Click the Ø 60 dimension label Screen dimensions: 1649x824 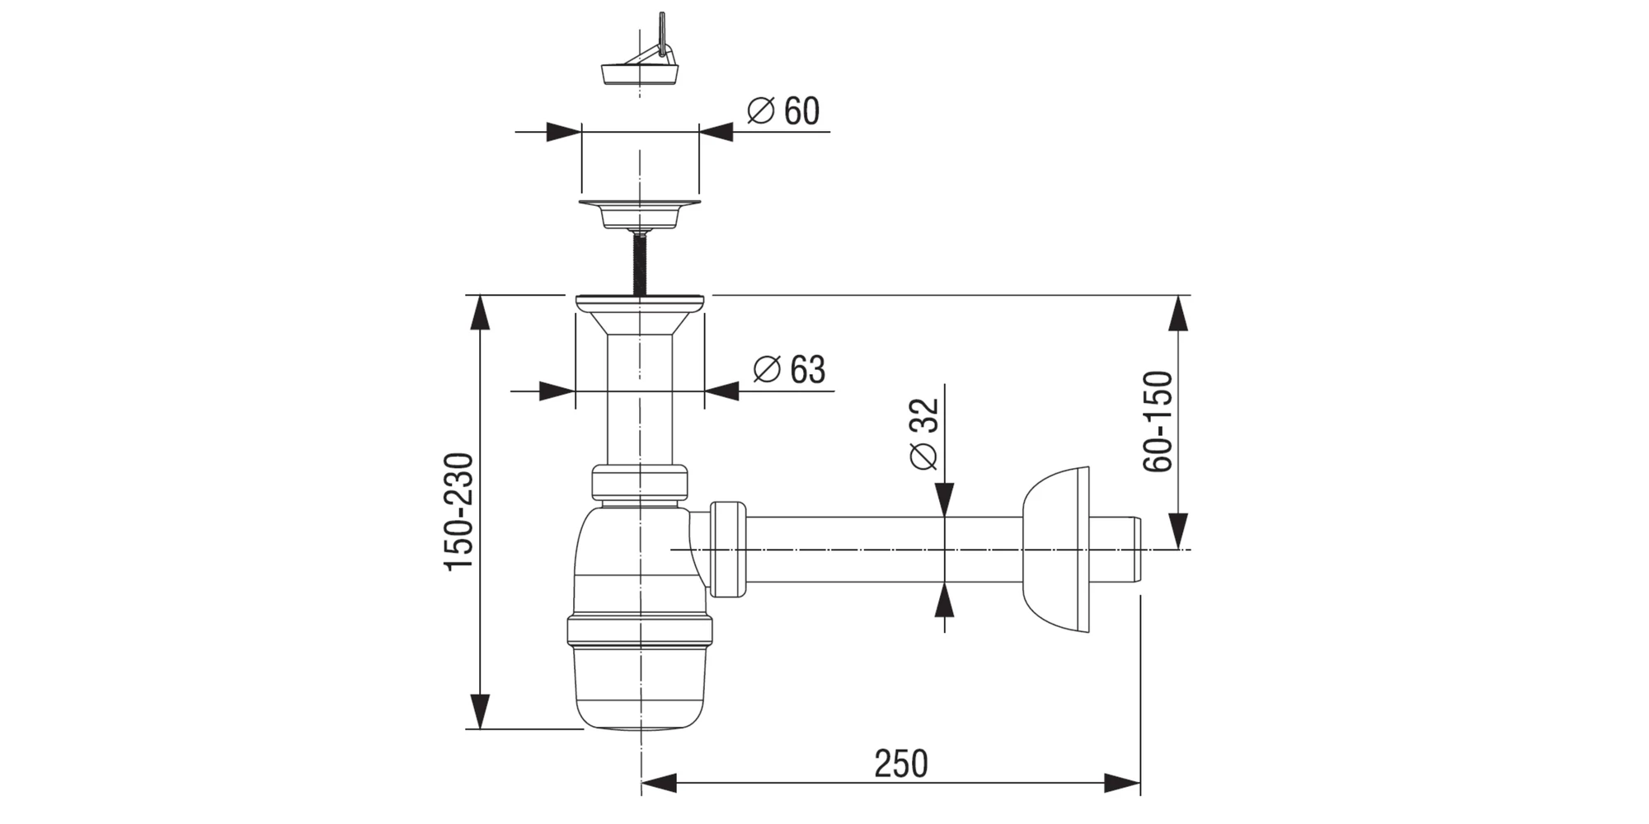coord(783,111)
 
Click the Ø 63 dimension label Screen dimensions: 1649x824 coord(789,369)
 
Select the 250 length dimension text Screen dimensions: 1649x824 coord(901,764)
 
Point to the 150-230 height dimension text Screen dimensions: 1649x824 coord(459,512)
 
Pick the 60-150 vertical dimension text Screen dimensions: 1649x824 coord(1158,421)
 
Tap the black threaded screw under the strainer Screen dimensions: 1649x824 coord(639,261)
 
